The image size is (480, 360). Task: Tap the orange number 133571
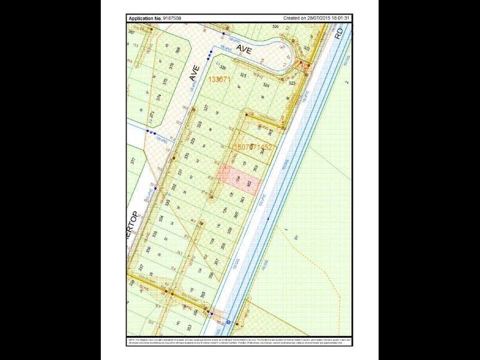[x=220, y=79]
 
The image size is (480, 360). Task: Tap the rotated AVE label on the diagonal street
[x=193, y=73]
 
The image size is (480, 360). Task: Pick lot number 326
[x=223, y=67]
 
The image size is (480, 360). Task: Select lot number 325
[x=243, y=76]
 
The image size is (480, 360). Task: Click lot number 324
[x=259, y=85]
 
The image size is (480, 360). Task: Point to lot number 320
[x=276, y=28]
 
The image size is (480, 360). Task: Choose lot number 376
[x=172, y=66]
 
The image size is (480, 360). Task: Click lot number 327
[x=206, y=108]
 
